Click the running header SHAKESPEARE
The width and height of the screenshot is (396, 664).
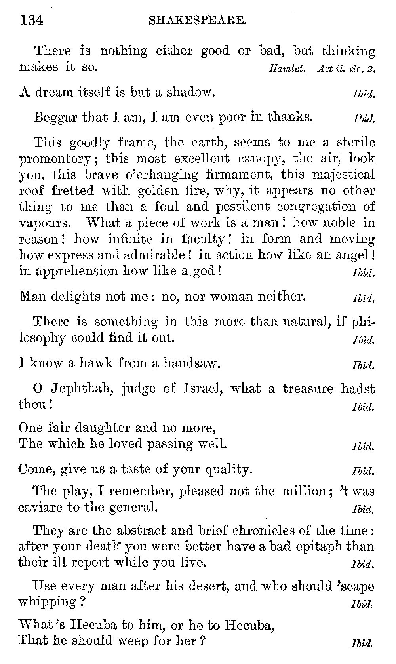click(198, 20)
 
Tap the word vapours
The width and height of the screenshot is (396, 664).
click(45, 223)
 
